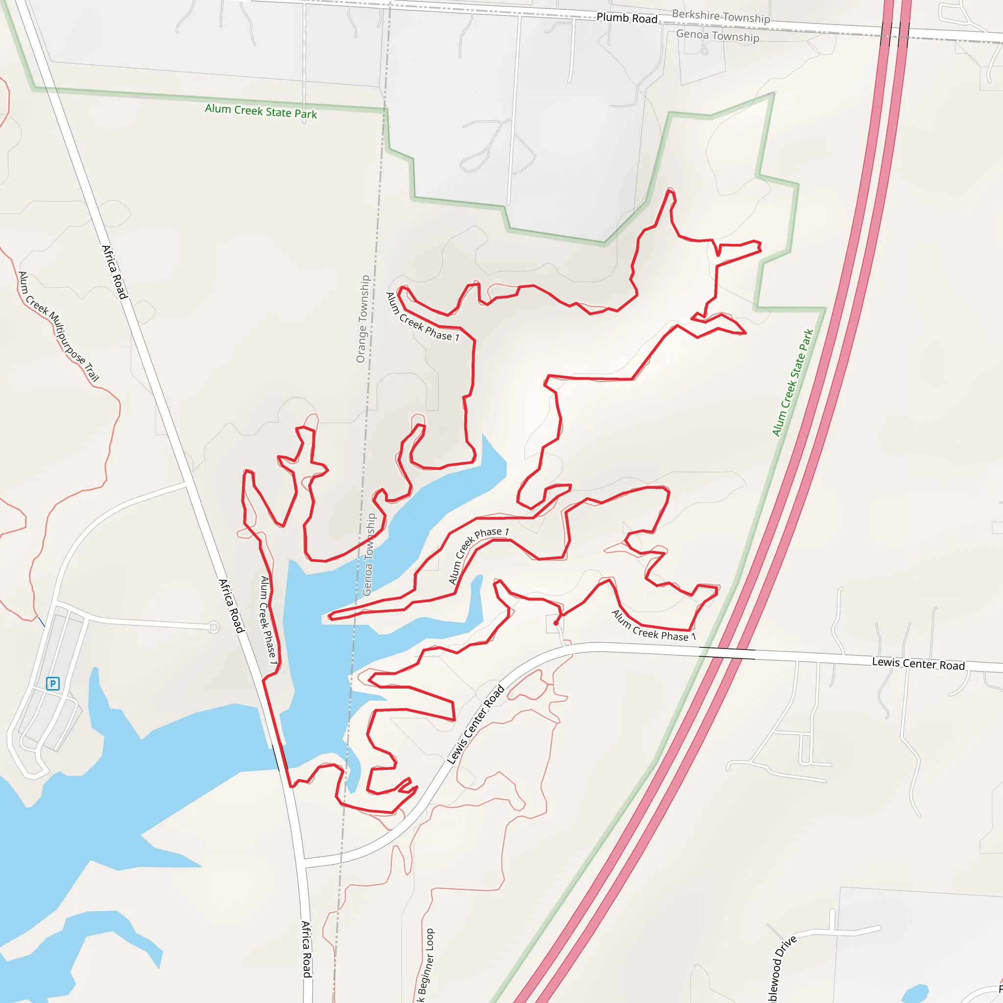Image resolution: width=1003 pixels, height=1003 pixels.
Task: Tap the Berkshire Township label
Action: click(720, 17)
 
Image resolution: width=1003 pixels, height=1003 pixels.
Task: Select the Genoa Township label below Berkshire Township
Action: click(717, 36)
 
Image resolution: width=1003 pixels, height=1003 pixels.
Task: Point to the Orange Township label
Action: click(363, 319)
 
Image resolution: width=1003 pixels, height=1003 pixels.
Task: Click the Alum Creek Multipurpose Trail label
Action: click(58, 327)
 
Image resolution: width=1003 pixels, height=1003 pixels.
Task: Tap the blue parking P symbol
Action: click(52, 683)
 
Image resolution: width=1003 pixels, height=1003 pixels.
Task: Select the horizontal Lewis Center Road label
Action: click(918, 664)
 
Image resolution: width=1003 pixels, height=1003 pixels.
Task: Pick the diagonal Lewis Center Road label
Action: click(476, 725)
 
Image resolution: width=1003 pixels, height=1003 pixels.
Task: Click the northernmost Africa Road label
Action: click(114, 272)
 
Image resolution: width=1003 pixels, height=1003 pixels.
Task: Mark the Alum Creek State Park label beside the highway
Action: click(792, 382)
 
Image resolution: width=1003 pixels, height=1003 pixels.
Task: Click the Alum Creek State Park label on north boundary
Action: click(261, 111)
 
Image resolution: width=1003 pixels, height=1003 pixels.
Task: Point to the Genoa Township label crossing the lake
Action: click(369, 554)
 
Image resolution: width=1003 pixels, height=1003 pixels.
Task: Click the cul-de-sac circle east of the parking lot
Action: click(213, 628)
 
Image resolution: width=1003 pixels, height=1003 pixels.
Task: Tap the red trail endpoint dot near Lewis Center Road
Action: click(556, 623)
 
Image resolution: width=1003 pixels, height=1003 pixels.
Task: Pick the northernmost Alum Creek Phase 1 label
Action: click(422, 317)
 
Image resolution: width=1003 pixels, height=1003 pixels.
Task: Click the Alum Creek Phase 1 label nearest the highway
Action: click(653, 626)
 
